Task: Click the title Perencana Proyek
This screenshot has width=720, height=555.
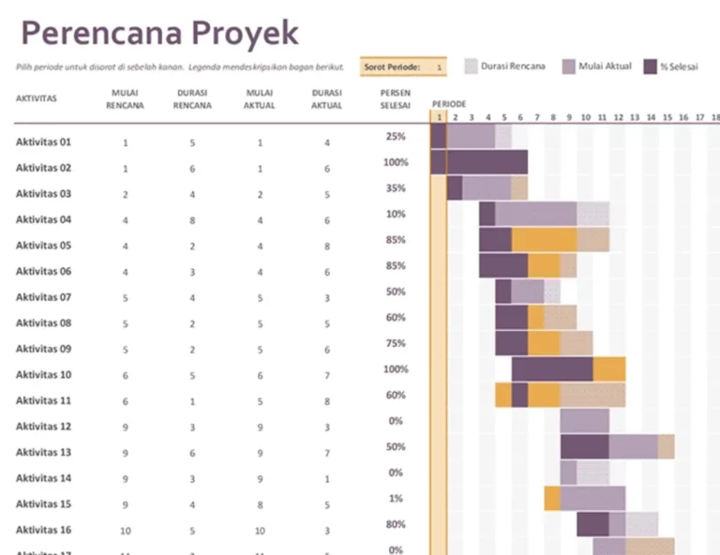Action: click(159, 33)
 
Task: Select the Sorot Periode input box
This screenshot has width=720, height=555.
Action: click(439, 67)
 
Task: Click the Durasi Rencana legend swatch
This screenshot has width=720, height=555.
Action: click(472, 67)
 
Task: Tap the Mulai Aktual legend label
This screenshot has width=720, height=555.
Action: click(605, 67)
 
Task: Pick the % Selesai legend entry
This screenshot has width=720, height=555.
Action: click(678, 67)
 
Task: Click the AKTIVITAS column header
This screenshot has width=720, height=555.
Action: click(37, 97)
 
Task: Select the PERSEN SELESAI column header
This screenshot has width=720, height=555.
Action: click(395, 99)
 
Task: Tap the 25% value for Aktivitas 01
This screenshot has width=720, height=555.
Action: click(395, 137)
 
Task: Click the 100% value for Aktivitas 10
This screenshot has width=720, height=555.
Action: click(395, 369)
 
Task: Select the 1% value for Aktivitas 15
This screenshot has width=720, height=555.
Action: click(395, 499)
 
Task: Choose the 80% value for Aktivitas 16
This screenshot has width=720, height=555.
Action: click(395, 525)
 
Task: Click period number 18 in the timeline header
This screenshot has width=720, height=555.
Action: click(700, 117)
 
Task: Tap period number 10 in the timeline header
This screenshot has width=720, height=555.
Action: click(585, 117)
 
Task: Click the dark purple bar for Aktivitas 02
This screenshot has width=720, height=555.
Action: click(480, 162)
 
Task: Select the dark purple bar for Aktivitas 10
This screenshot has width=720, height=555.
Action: click(551, 368)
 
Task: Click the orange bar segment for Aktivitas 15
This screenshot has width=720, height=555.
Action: click(551, 498)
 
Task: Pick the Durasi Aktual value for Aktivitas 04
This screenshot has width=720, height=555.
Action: click(326, 220)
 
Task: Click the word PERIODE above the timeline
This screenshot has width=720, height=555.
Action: click(449, 103)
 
